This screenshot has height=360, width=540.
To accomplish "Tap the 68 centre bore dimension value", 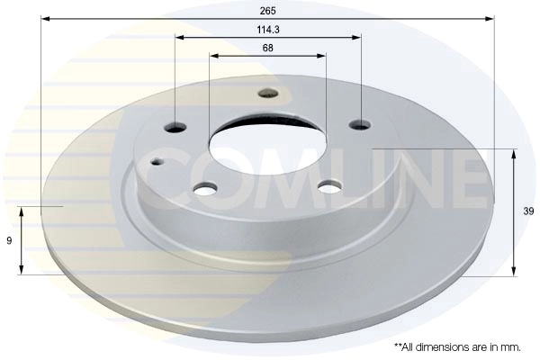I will pos(268,48).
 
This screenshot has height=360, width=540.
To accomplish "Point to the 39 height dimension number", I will pos(528,211).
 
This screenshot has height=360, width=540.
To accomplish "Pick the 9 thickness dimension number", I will pos(8,240).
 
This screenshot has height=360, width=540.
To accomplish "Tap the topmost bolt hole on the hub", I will pos(268,92).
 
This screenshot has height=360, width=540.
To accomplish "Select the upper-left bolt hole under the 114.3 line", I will pos(175,126).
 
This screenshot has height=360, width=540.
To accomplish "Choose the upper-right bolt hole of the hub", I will pos(360,125).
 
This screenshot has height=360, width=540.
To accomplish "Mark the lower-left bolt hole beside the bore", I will pos(206,188).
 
